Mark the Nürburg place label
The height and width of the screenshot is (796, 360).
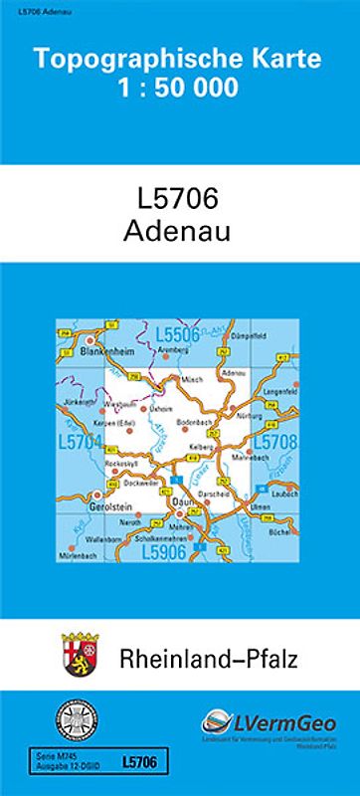(252, 415)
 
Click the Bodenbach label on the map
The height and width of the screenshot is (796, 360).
(194, 423)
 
